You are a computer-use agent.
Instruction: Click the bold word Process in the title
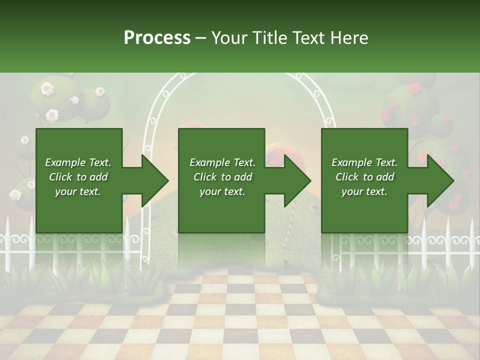click(x=157, y=37)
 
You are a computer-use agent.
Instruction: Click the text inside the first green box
click(x=78, y=177)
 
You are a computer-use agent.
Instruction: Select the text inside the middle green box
click(x=222, y=177)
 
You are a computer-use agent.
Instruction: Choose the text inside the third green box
click(x=364, y=177)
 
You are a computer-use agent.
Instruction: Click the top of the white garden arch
click(x=240, y=76)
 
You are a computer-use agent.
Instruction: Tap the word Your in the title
click(x=230, y=37)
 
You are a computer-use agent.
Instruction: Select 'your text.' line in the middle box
click(x=222, y=191)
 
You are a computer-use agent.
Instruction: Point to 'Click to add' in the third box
click(x=364, y=177)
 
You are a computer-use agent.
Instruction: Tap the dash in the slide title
click(x=201, y=38)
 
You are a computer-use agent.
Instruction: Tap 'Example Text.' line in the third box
click(x=364, y=162)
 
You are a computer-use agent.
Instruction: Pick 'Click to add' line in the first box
click(x=78, y=177)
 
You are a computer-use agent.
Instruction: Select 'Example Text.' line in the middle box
click(x=222, y=162)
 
